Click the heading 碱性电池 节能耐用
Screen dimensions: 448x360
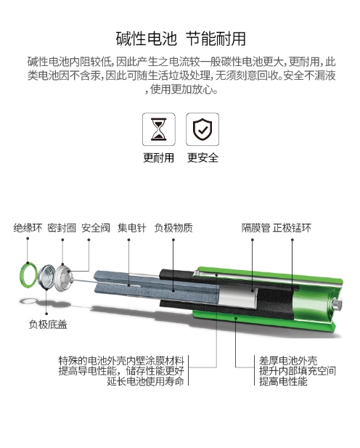pos(180,38)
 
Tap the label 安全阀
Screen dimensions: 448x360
pos(95,228)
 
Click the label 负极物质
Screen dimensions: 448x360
pos(173,228)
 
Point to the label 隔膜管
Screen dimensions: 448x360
pos(255,228)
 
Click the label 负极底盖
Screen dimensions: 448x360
pos(48,325)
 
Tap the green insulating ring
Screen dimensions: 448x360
pos(28,274)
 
